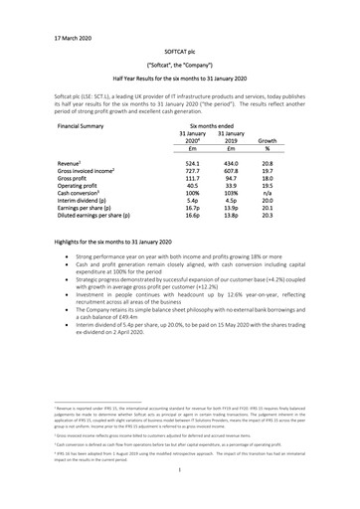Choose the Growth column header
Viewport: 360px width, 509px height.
point(267,141)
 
